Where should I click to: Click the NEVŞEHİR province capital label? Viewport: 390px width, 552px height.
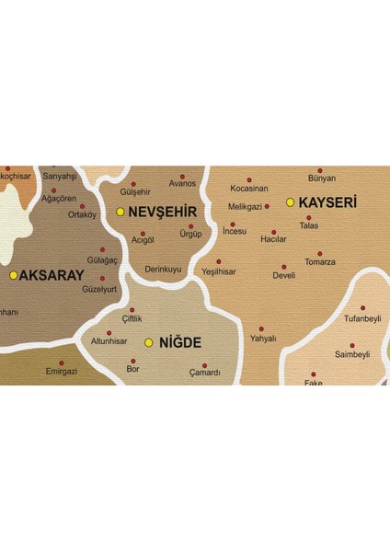[x=163, y=212]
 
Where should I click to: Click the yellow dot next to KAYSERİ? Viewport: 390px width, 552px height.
[x=291, y=201]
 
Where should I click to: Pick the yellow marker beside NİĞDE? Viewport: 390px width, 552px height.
[x=149, y=342]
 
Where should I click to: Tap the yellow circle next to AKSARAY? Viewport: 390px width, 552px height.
[x=13, y=274]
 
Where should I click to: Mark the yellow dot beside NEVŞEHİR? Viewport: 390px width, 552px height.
[x=120, y=212]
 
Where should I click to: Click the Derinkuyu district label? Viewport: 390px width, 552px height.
[x=164, y=270]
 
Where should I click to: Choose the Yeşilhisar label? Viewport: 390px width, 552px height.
[x=218, y=272]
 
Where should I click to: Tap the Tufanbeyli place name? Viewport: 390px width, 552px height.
[x=361, y=318]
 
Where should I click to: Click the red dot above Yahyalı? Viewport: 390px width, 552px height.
[x=261, y=328]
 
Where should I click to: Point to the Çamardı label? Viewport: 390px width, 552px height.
[x=204, y=373]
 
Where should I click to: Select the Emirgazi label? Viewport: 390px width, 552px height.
[x=62, y=373]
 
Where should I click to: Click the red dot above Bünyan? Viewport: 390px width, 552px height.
[x=320, y=170]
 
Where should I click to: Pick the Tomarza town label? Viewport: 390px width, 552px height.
[x=320, y=262]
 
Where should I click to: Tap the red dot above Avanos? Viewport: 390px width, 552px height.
[x=182, y=177]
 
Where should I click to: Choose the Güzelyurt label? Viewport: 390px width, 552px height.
[x=99, y=289]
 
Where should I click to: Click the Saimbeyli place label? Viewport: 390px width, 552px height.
[x=351, y=354]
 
